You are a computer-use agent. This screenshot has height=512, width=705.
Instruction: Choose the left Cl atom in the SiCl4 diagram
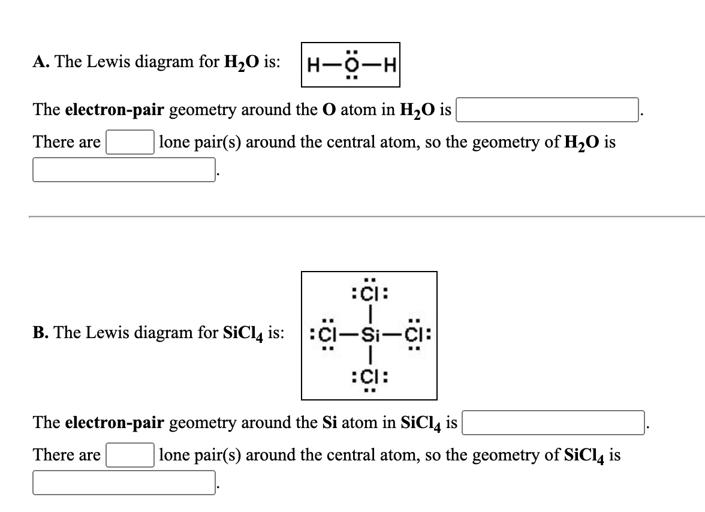click(326, 333)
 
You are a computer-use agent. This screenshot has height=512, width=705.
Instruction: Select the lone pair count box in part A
click(129, 142)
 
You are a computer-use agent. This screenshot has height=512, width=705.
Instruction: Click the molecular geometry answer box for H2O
click(124, 169)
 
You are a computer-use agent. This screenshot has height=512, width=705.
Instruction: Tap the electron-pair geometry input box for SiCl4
click(552, 422)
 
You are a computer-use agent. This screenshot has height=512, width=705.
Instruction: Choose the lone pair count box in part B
click(129, 454)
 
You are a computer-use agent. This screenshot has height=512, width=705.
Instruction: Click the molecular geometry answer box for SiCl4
click(124, 482)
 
